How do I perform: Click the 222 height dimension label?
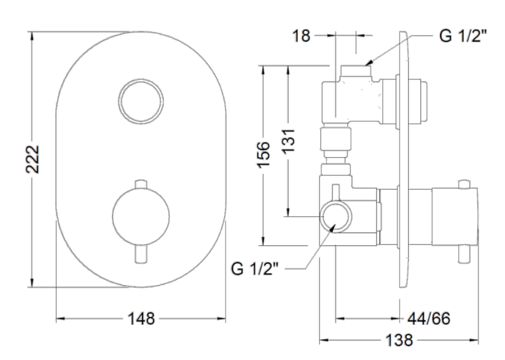(x=32, y=159)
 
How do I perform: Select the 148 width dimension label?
(x=141, y=319)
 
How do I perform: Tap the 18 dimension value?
(x=301, y=36)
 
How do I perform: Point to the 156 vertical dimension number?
(x=264, y=154)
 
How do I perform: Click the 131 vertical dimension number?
(x=289, y=141)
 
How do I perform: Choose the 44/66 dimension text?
(x=429, y=319)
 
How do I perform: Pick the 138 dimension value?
(x=399, y=340)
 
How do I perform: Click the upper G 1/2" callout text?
(x=463, y=36)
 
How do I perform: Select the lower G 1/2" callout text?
(x=254, y=268)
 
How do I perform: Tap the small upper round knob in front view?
(x=141, y=101)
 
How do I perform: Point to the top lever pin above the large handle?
(x=141, y=185)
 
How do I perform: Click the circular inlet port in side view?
(x=336, y=216)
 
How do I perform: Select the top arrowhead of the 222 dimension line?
(x=31, y=36)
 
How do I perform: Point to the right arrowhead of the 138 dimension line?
(x=474, y=340)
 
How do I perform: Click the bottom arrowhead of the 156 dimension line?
(x=264, y=241)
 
